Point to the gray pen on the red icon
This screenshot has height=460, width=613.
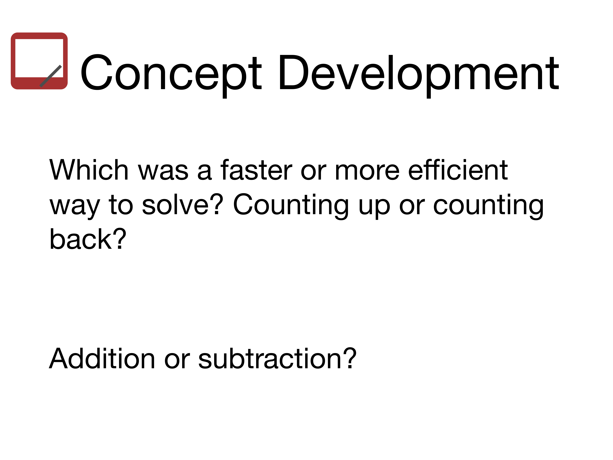point(51,76)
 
